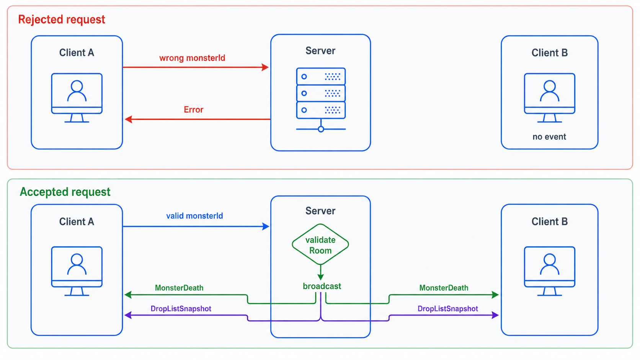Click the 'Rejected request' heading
[x=61, y=20]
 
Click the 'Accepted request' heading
[x=65, y=192]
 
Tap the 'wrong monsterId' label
[x=192, y=58]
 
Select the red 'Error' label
[x=193, y=110]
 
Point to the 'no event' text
[x=549, y=137]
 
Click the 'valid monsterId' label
[x=194, y=216]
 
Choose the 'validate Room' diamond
[x=320, y=244]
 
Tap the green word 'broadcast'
[x=322, y=286]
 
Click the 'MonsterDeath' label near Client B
[x=444, y=288]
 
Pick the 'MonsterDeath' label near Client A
[x=179, y=288]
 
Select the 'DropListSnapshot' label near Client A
[x=181, y=309]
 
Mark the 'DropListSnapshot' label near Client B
[x=448, y=309]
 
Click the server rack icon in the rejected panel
[x=321, y=100]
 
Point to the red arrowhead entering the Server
[x=265, y=67]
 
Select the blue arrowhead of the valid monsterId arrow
[x=266, y=226]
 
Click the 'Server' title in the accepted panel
[x=320, y=211]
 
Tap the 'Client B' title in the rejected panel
[x=549, y=53]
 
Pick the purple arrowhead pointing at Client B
[x=495, y=315]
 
